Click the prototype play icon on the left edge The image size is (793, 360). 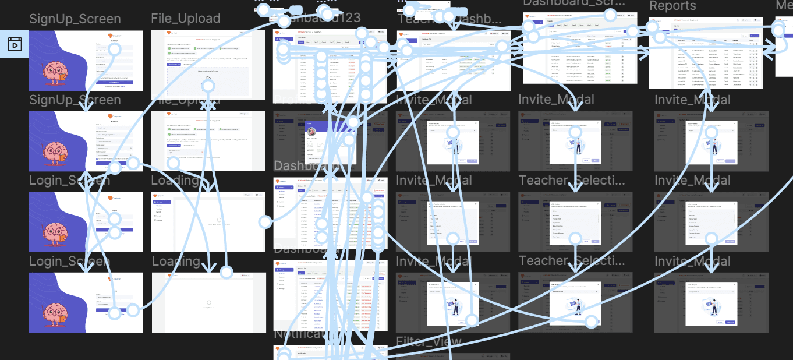[15, 44]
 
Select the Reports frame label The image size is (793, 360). [672, 6]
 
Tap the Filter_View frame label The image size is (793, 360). [429, 341]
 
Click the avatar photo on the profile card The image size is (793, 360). [312, 132]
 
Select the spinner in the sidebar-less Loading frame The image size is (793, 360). [208, 303]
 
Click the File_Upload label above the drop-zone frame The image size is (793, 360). [185, 19]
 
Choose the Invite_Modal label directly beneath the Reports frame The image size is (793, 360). [692, 100]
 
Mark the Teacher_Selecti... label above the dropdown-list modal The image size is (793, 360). [571, 180]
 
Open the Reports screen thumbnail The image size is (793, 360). [706, 53]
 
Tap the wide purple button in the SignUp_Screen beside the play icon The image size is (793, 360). [118, 83]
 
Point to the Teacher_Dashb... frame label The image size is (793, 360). [449, 20]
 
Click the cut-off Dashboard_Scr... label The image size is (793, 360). [573, 3]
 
